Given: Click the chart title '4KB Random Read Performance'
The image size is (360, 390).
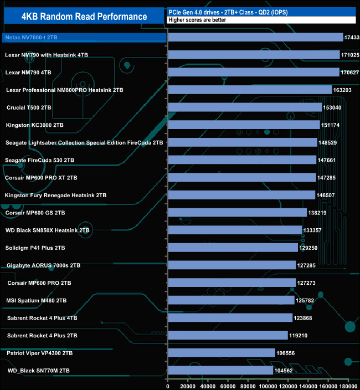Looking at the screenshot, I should tap(84, 17).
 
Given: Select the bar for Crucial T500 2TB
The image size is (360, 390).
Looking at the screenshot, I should tap(244, 107).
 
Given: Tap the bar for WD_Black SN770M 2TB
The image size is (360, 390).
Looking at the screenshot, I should tap(220, 370).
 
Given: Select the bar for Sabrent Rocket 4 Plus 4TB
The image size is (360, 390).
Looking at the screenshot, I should tap(230, 318).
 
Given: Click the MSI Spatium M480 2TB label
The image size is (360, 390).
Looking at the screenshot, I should tap(37, 300).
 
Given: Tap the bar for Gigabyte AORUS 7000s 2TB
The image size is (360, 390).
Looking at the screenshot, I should tap(232, 265).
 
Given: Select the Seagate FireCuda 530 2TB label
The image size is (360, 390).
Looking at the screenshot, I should tap(39, 160).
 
